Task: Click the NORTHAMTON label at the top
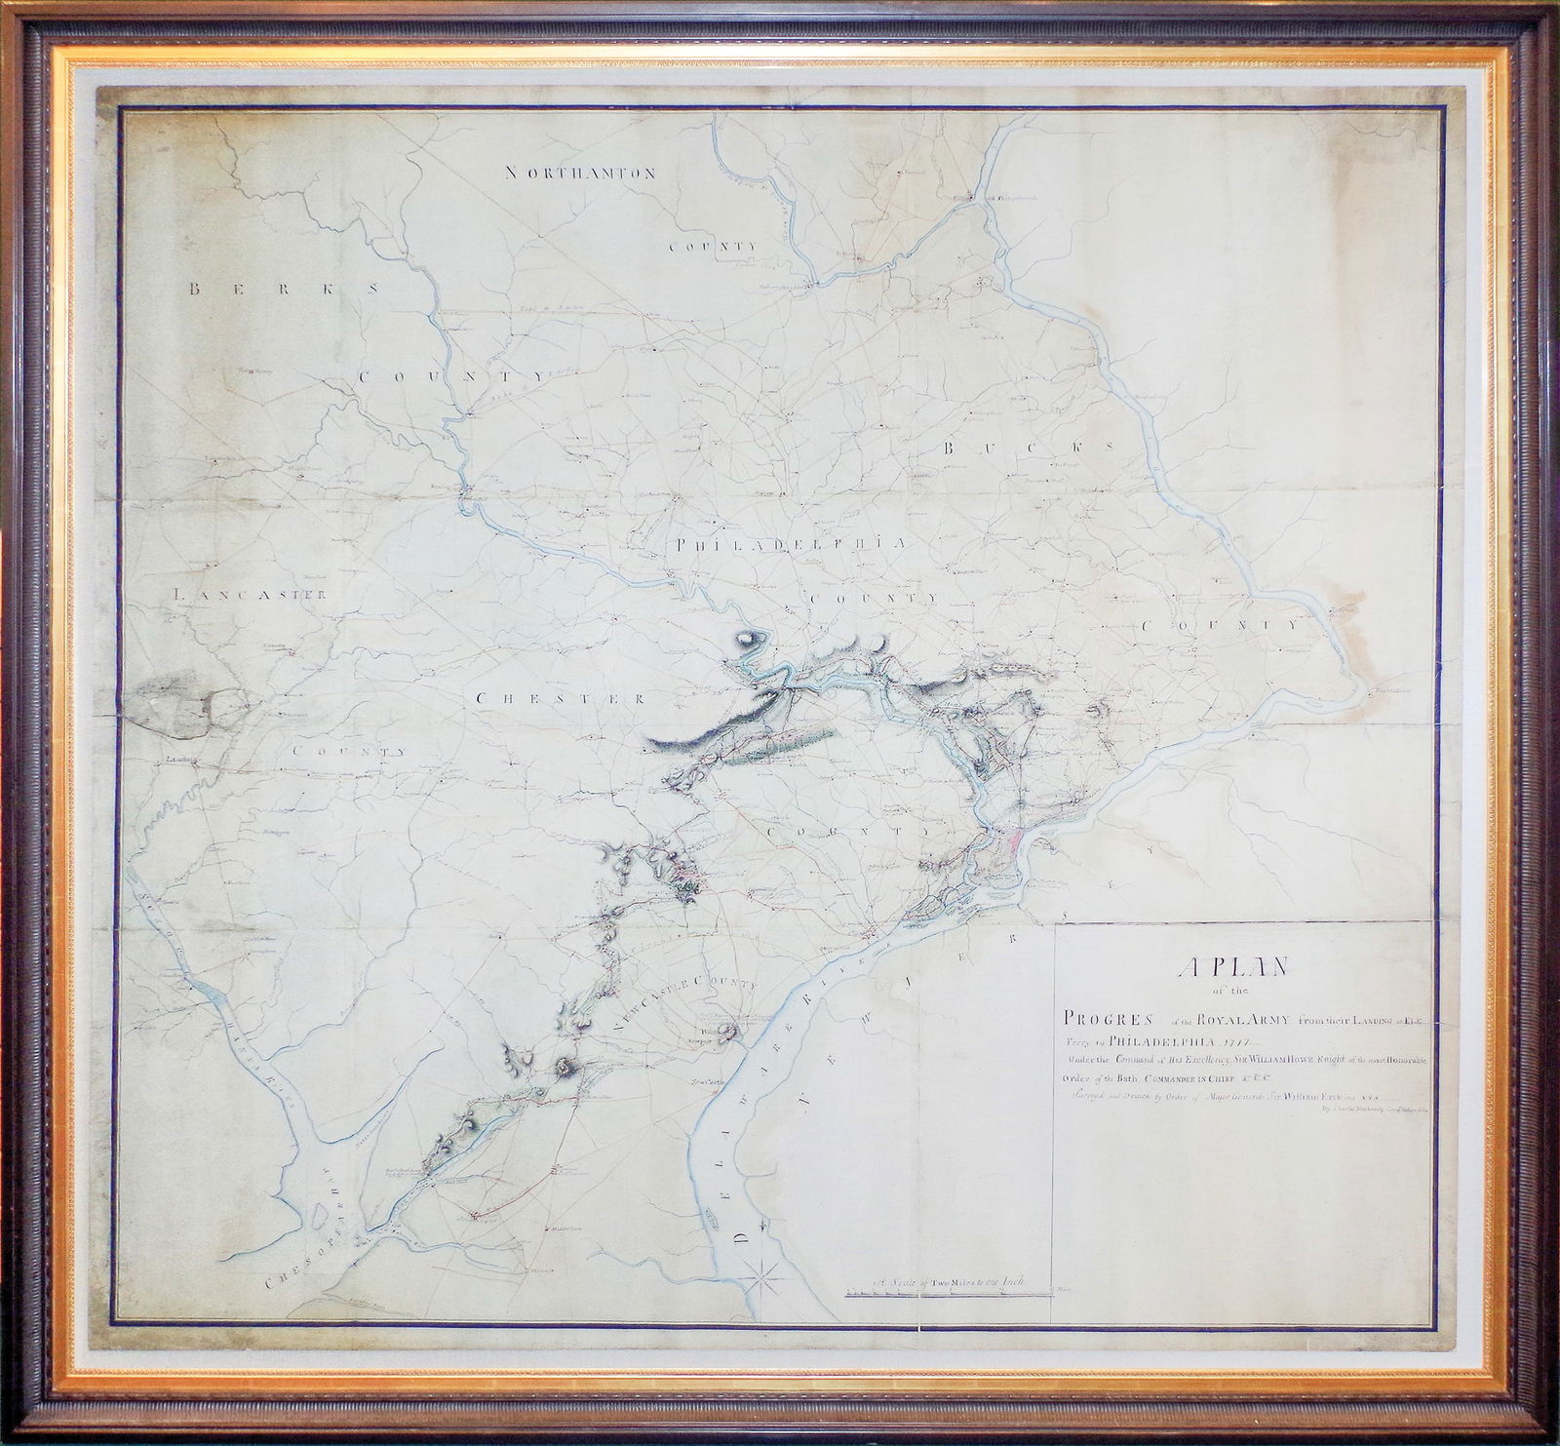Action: [x=579, y=173]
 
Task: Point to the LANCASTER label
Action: [x=248, y=593]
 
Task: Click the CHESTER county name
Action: [x=561, y=698]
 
